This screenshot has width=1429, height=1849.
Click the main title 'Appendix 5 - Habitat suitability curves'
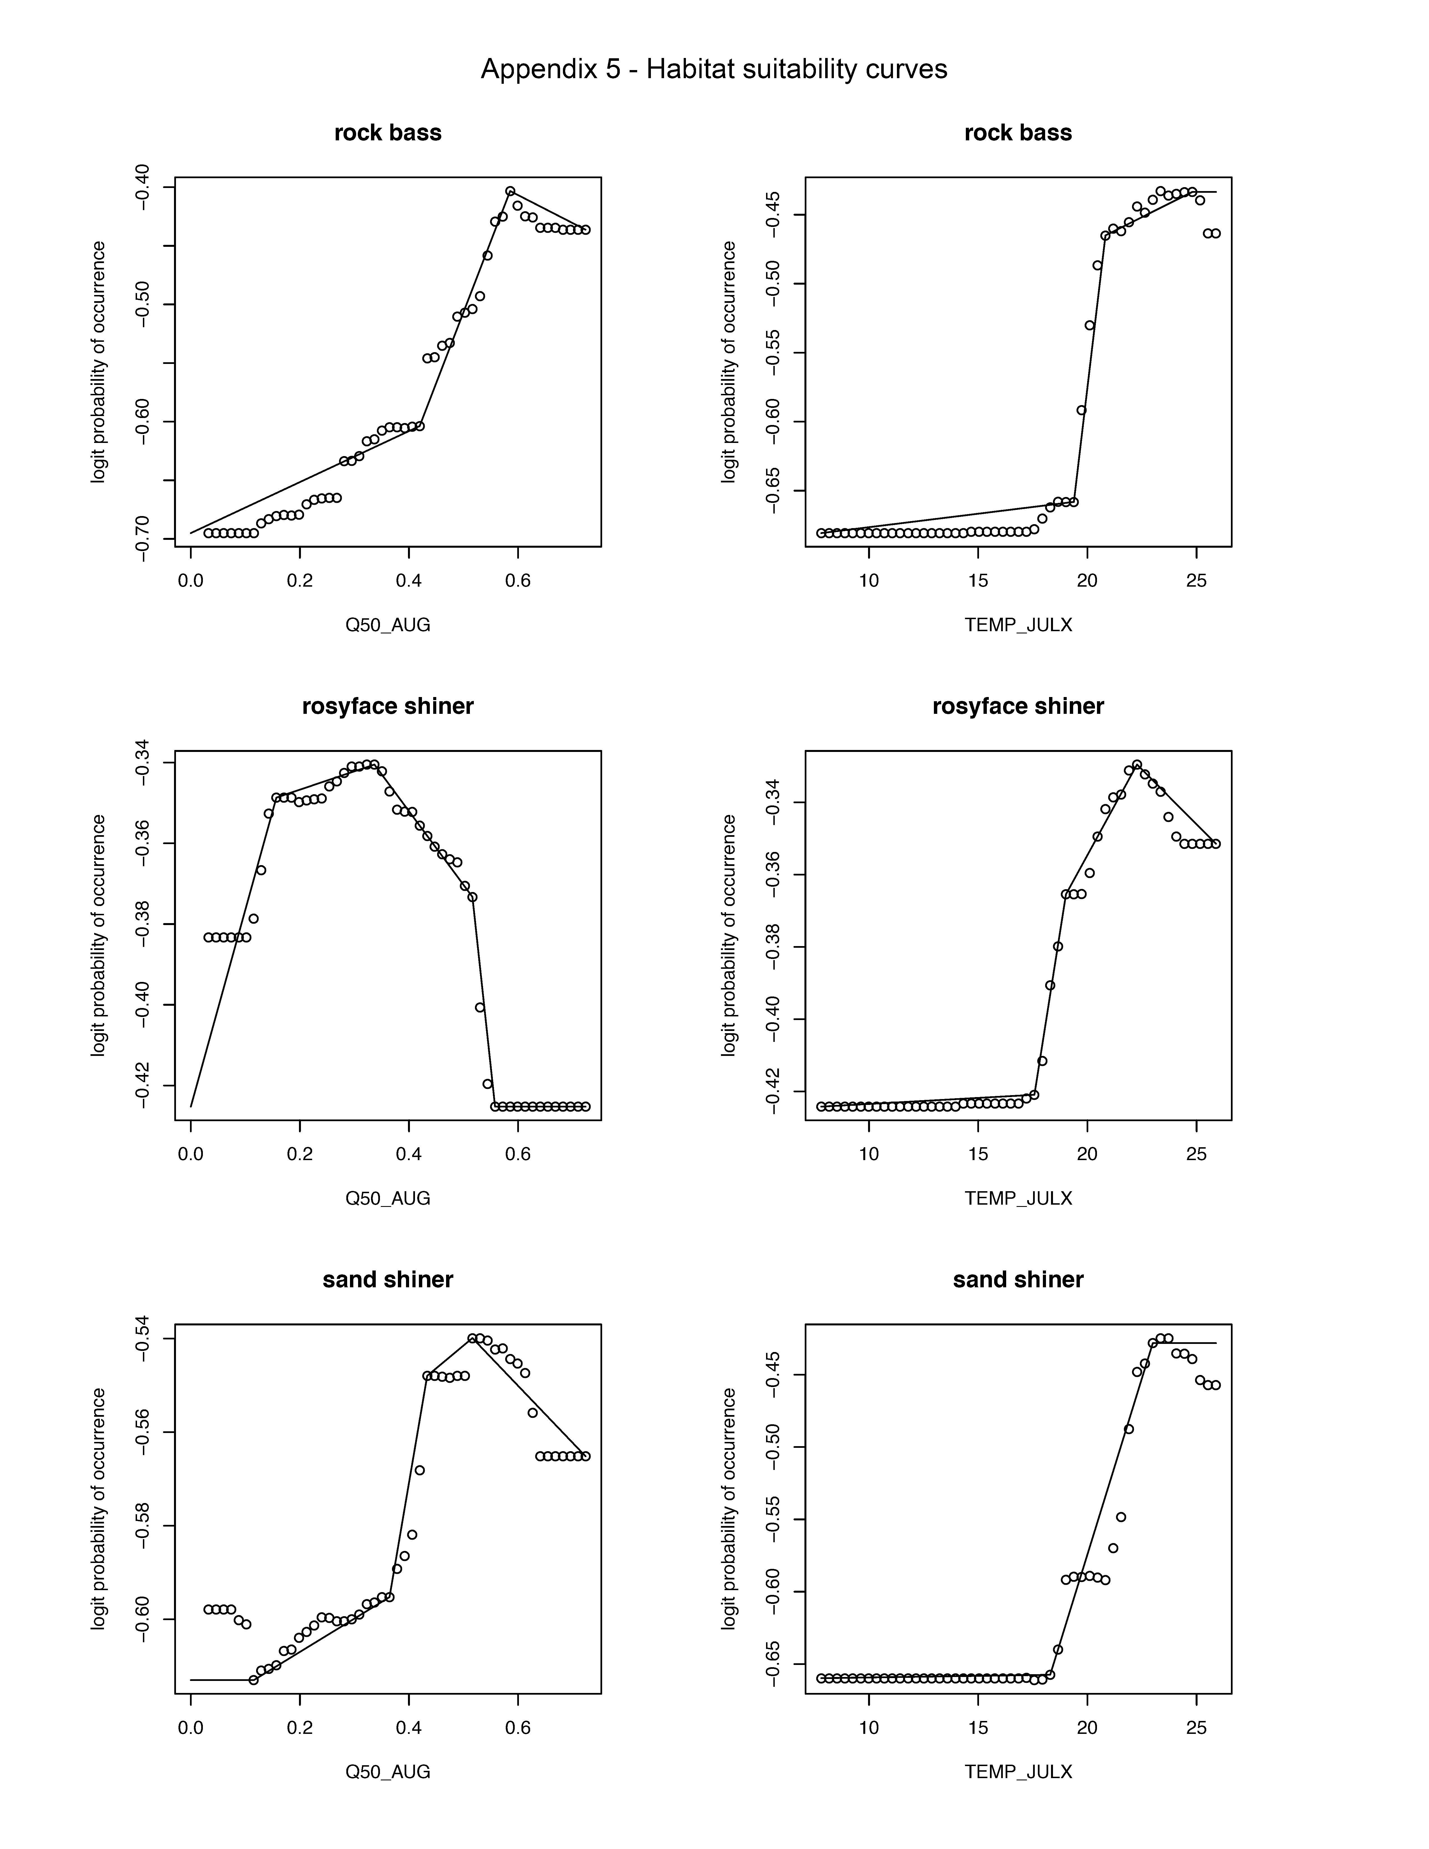[x=714, y=69]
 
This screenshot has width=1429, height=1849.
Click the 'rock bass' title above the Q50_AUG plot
[x=388, y=133]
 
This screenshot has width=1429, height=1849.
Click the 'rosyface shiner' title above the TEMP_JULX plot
[x=1018, y=706]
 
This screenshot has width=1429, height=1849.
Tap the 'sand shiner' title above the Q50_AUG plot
[x=388, y=1279]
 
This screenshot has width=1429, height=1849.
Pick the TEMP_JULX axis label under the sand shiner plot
[x=1018, y=1771]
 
